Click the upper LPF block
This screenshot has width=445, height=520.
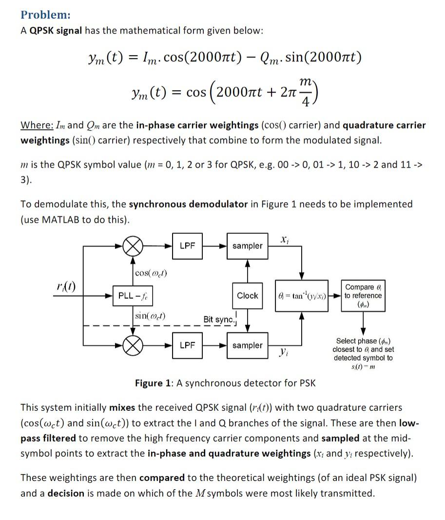[188, 246]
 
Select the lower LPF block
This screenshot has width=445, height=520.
[188, 345]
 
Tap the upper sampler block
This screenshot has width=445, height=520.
[247, 246]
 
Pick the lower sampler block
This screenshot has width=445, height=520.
[247, 345]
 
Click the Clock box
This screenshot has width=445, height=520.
[248, 296]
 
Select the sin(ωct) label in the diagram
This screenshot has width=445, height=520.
[151, 316]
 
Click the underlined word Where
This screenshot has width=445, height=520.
[37, 125]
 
